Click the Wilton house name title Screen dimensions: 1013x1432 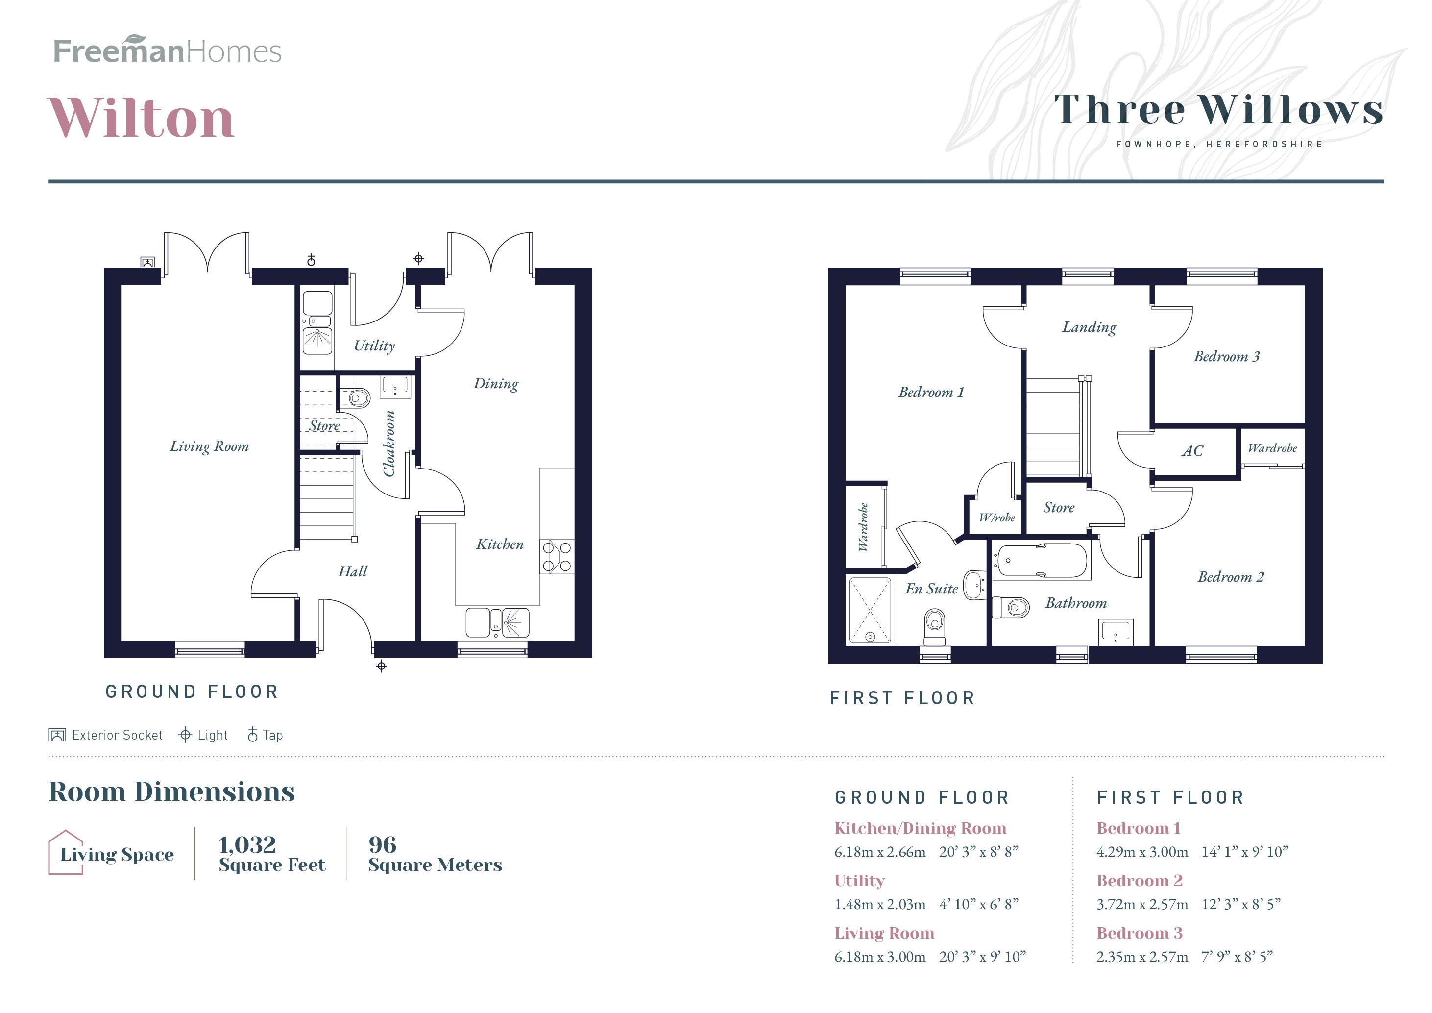click(141, 118)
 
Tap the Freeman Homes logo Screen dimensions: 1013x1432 click(167, 50)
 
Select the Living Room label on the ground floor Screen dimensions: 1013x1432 click(210, 446)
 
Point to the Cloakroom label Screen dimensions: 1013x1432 click(389, 444)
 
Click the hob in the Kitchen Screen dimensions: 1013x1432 click(557, 556)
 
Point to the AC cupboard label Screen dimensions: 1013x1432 click(1192, 451)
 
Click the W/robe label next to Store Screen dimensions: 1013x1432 click(996, 518)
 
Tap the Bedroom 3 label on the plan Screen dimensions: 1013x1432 click(1226, 357)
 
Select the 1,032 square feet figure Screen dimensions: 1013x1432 click(247, 844)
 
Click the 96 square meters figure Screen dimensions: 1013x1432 click(382, 844)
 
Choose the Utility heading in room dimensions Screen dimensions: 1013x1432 click(859, 881)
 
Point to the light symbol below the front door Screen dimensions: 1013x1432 click(382, 666)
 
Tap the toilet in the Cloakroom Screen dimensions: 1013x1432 click(359, 397)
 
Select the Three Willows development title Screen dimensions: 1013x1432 click(1218, 110)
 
